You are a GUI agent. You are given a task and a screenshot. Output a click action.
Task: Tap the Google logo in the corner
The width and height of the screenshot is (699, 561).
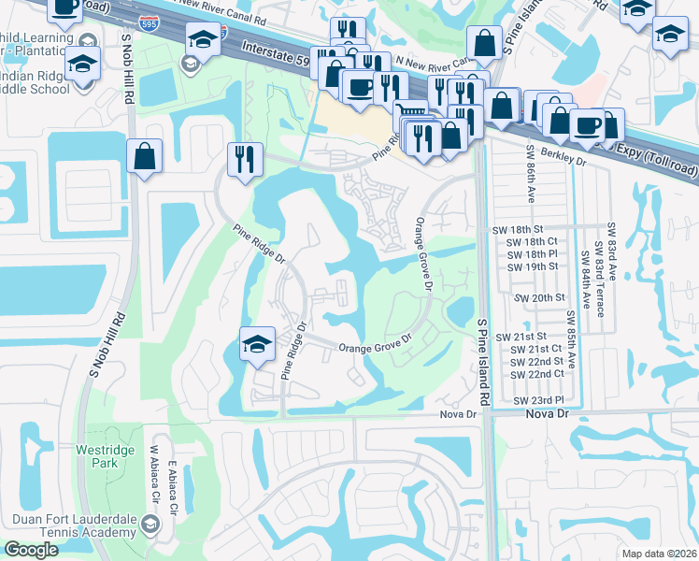[x=31, y=550]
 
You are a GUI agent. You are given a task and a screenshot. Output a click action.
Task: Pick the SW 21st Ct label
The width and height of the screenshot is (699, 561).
[x=530, y=349]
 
